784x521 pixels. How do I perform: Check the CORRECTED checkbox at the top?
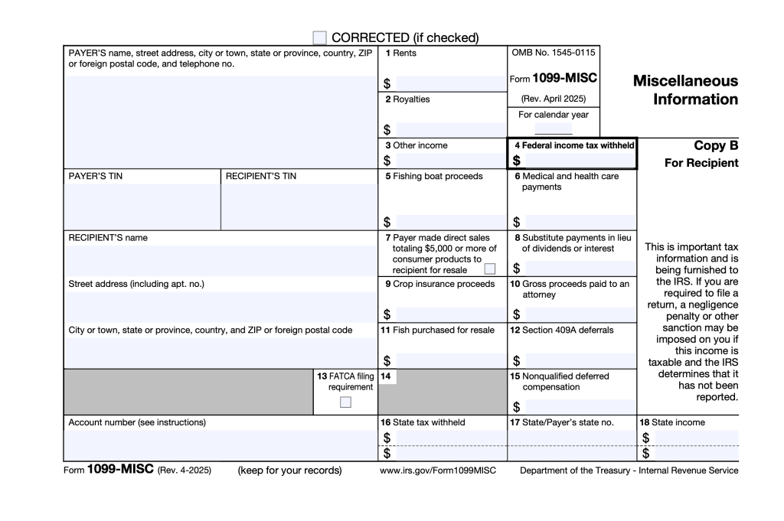coord(320,37)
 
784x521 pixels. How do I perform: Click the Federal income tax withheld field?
coord(578,161)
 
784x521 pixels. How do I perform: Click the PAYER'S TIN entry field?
coord(142,207)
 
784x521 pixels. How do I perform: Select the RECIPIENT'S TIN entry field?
coord(299,207)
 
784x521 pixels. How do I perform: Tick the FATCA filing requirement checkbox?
coord(346,402)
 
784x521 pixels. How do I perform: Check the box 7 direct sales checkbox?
coord(490,269)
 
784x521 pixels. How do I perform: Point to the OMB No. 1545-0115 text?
coord(553,54)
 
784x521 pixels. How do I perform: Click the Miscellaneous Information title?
coord(685,90)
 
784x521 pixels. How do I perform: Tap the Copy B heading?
coord(716,145)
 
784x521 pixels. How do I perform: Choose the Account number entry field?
coord(220,444)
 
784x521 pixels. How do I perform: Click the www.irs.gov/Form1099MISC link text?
coord(437,471)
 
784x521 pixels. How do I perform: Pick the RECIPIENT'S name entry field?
coord(220,260)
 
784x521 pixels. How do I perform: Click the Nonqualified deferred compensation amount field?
coord(578,406)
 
